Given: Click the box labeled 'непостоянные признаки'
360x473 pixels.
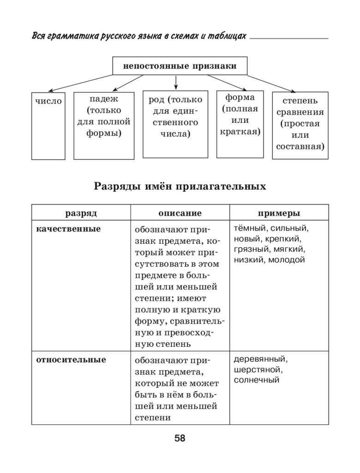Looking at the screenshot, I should (x=180, y=66).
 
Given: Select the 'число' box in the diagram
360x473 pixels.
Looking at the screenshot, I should (x=48, y=101).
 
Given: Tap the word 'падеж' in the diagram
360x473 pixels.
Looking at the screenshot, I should (x=104, y=99).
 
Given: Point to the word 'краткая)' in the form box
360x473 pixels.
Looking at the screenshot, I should (x=240, y=131).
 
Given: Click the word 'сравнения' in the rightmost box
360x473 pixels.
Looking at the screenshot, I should (x=300, y=112).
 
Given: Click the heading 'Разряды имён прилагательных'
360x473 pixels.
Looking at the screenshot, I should (x=180, y=186).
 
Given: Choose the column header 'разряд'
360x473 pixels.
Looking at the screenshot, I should (x=81, y=213).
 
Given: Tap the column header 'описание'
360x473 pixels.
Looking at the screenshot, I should (x=180, y=213).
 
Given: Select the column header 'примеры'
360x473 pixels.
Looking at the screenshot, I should (x=279, y=213).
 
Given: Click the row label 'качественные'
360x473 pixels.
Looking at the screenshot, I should (x=68, y=229).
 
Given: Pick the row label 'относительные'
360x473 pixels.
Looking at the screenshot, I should (x=71, y=359).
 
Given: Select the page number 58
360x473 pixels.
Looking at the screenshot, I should (x=180, y=438).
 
